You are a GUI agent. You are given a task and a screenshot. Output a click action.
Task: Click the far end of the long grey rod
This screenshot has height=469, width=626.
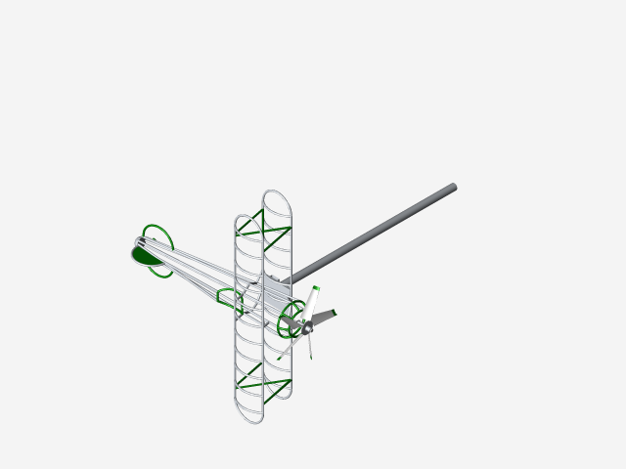pyautogui.click(x=452, y=187)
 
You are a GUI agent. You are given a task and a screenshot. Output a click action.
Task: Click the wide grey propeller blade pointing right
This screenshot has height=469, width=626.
pyautogui.click(x=324, y=318)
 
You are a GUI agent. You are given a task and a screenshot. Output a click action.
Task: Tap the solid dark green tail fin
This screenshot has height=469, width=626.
pyautogui.click(x=146, y=256)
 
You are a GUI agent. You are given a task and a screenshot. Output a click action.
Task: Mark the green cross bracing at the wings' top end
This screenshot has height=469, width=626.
pyautogui.click(x=265, y=231)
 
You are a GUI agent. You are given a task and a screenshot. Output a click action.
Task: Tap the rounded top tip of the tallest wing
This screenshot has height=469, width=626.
pyautogui.click(x=277, y=194)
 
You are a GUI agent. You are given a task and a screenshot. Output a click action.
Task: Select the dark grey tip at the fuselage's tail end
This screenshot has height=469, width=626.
pyautogui.click(x=139, y=242)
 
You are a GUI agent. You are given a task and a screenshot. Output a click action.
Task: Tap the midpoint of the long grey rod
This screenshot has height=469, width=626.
pyautogui.click(x=375, y=232)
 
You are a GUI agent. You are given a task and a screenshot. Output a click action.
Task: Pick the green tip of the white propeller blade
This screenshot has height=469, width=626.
pyautogui.click(x=316, y=288)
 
